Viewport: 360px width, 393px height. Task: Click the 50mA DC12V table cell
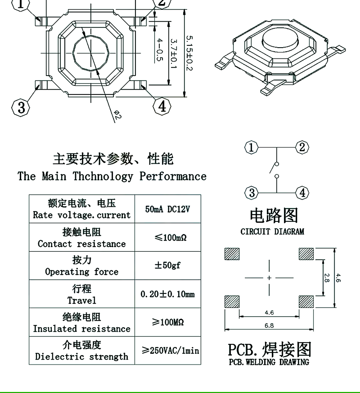click(167, 209)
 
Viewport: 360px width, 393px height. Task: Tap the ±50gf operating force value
click(167, 265)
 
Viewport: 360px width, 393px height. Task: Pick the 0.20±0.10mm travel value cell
click(167, 294)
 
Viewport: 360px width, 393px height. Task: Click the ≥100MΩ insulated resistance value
click(168, 322)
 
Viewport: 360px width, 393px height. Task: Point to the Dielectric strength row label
click(82, 357)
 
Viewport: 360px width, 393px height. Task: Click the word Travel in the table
click(82, 300)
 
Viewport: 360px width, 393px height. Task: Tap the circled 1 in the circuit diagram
click(252, 147)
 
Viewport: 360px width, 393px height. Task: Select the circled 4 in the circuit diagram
click(302, 193)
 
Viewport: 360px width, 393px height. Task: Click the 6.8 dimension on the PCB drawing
click(269, 325)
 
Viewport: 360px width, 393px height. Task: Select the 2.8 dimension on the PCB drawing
click(327, 278)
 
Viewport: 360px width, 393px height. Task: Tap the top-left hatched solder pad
click(232, 254)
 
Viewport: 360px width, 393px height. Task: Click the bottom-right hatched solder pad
click(306, 302)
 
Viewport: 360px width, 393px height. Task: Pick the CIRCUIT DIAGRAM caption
click(272, 231)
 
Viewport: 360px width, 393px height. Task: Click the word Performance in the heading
click(173, 176)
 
